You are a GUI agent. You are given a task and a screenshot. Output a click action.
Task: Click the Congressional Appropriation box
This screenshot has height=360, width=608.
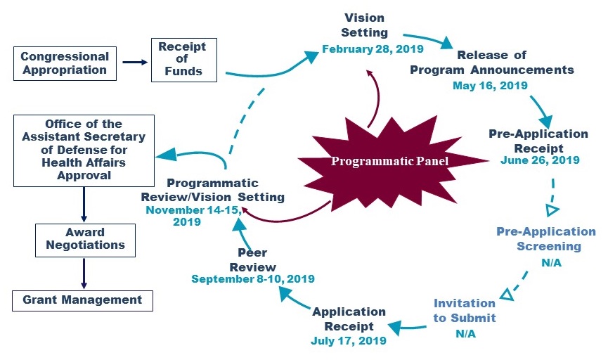64,63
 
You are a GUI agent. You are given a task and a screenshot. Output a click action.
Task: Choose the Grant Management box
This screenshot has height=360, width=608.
82,300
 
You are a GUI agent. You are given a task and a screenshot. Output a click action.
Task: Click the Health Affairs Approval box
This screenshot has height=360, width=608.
83,150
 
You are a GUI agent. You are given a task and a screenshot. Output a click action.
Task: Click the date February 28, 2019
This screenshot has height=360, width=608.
365,49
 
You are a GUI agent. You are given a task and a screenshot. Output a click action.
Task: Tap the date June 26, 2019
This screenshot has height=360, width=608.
540,160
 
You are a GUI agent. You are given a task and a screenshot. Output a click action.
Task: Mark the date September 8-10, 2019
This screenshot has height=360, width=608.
253,278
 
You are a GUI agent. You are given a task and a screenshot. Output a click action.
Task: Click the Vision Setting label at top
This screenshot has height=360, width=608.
364,25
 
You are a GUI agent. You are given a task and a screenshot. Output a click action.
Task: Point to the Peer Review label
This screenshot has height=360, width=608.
252,260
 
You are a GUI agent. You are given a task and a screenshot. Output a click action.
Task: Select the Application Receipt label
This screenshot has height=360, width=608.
349,318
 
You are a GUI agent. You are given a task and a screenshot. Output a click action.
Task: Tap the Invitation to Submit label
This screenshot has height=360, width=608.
465,310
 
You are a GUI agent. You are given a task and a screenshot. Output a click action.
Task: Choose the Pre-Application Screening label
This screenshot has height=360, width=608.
546,239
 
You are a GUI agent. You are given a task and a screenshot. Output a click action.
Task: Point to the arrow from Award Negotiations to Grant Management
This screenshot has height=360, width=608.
83,273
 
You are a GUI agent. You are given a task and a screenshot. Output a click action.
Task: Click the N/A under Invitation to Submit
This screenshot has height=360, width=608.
465,333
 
